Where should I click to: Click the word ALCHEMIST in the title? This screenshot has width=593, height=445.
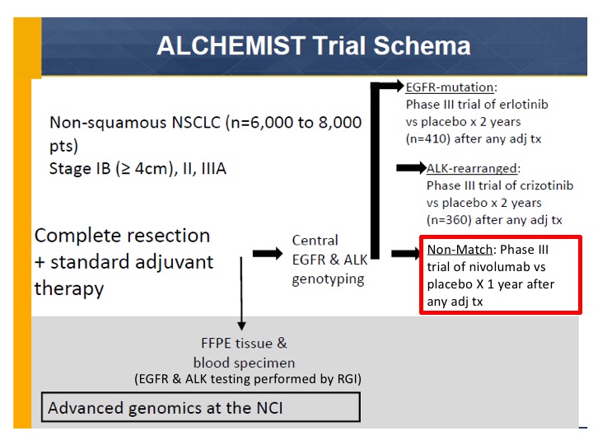(x=231, y=46)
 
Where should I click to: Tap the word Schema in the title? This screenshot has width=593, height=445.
(x=422, y=46)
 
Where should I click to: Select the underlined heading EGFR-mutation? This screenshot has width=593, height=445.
(x=450, y=87)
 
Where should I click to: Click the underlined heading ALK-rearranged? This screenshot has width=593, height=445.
(x=472, y=168)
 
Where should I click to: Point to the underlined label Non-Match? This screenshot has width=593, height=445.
(x=460, y=250)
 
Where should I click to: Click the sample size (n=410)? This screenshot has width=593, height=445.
(x=427, y=139)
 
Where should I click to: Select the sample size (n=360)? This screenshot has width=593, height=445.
(x=449, y=220)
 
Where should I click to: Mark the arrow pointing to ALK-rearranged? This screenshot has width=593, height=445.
(x=411, y=167)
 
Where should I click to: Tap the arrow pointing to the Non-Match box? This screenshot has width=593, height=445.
(x=405, y=253)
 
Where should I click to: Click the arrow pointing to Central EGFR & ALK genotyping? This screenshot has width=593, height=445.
(x=268, y=253)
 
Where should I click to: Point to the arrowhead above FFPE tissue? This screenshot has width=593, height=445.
(x=241, y=326)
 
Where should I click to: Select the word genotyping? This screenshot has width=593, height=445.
(x=328, y=279)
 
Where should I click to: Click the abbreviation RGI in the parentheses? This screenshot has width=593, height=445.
(x=347, y=379)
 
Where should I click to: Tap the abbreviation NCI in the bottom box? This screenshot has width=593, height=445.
(x=269, y=408)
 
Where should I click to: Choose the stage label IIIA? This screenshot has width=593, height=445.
(x=213, y=169)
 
